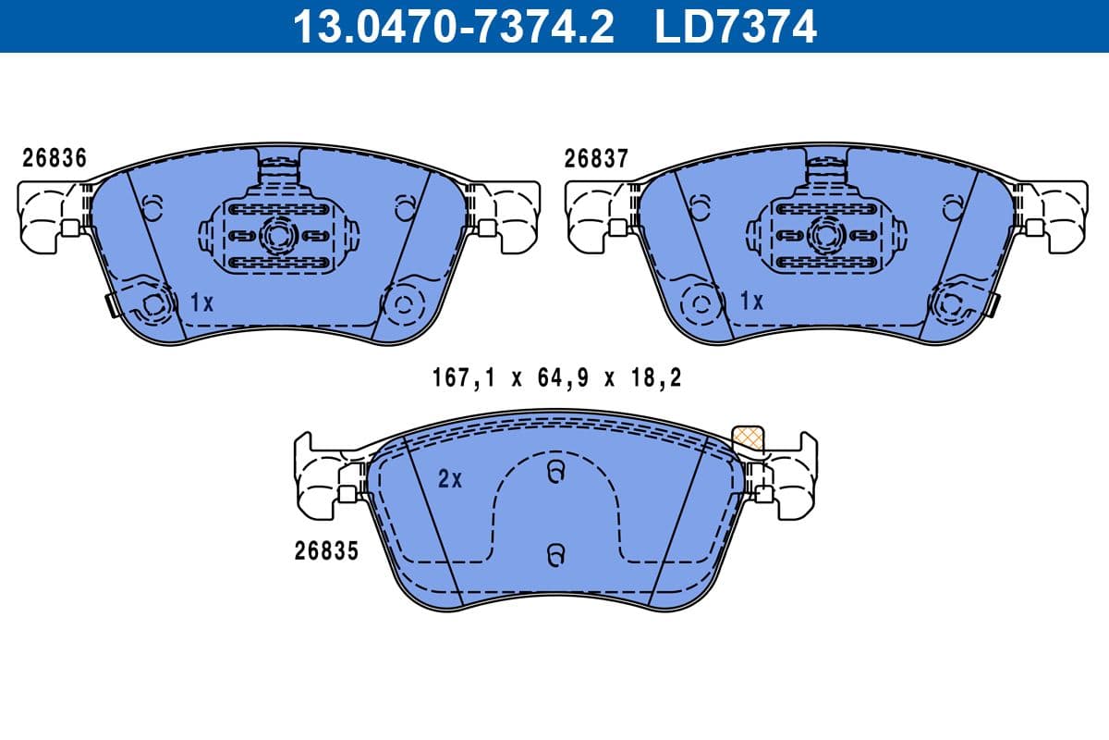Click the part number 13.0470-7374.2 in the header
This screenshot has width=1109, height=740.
[x=453, y=26]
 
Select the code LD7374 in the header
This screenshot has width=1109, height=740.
[x=736, y=26]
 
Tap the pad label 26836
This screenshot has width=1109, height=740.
[x=55, y=158]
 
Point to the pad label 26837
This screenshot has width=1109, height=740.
[x=596, y=158]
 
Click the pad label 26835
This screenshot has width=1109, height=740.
[x=326, y=551]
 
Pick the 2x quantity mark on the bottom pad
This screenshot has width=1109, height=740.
[x=449, y=479]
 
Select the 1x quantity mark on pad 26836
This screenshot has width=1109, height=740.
[x=201, y=302]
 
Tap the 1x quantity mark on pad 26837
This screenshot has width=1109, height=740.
[x=751, y=302]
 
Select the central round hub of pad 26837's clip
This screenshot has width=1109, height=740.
[x=820, y=234]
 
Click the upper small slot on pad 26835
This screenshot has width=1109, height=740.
[x=554, y=473]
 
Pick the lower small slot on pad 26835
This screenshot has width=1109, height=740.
[x=554, y=554]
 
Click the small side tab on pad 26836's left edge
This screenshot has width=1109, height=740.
[x=111, y=304]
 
